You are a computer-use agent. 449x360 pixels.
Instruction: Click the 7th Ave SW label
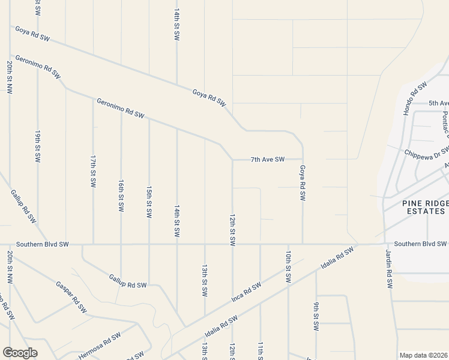267,160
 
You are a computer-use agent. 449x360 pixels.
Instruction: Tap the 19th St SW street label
37,146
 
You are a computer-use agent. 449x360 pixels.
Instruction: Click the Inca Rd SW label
246,292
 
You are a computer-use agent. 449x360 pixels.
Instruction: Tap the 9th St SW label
316,316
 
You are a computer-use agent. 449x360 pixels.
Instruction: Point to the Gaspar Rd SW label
71,298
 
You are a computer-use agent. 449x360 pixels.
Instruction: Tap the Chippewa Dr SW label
427,152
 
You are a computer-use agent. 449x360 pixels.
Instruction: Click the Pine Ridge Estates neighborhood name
424,208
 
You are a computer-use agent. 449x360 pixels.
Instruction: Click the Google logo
20,353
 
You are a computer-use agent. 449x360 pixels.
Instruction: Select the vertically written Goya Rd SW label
303,183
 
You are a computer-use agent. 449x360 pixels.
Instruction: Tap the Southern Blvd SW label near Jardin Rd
420,244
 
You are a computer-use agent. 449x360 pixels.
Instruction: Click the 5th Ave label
438,103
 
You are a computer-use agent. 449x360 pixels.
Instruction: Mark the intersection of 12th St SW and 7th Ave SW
232,160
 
